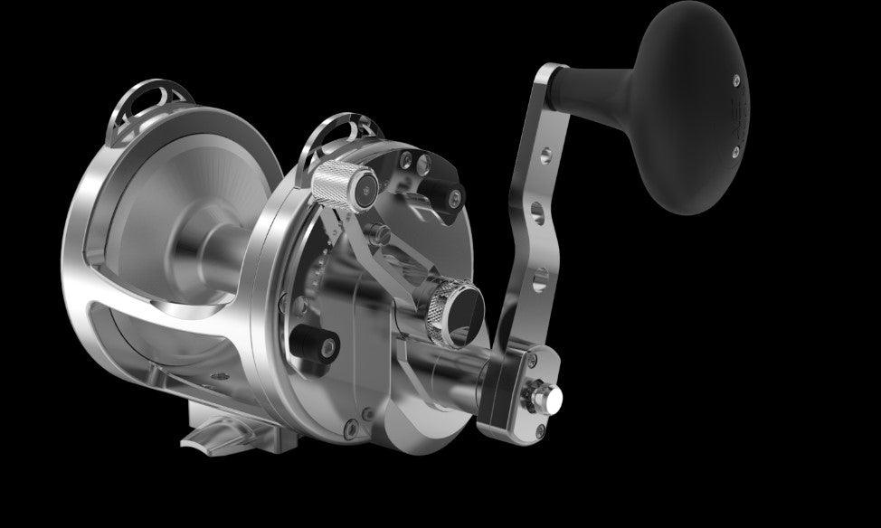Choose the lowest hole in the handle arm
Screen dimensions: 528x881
pyautogui.click(x=540, y=286)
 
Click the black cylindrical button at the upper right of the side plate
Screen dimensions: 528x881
pyautogui.click(x=443, y=193)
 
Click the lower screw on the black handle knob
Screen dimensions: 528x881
pyautogui.click(x=735, y=151)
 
